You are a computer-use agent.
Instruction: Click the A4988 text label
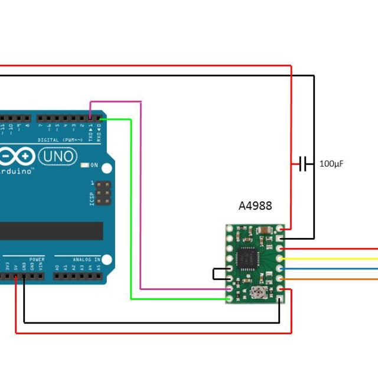tap(255, 206)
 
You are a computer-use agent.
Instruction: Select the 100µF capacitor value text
tap(331, 164)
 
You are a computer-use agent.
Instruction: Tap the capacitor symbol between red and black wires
tap(304, 164)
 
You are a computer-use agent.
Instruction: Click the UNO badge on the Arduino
tap(58, 157)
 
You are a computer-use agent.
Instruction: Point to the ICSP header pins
tap(103, 193)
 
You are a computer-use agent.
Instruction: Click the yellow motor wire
tap(331, 259)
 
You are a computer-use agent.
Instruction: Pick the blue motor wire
tap(331, 269)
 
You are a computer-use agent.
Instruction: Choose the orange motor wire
tap(331, 279)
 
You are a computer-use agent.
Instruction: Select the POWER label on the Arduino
tap(37, 259)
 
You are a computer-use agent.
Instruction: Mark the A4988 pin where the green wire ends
tap(229, 299)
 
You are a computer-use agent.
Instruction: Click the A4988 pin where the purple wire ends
tap(229, 289)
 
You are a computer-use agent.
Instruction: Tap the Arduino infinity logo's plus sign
tap(25, 157)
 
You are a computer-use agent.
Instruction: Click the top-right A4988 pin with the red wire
tap(279, 229)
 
